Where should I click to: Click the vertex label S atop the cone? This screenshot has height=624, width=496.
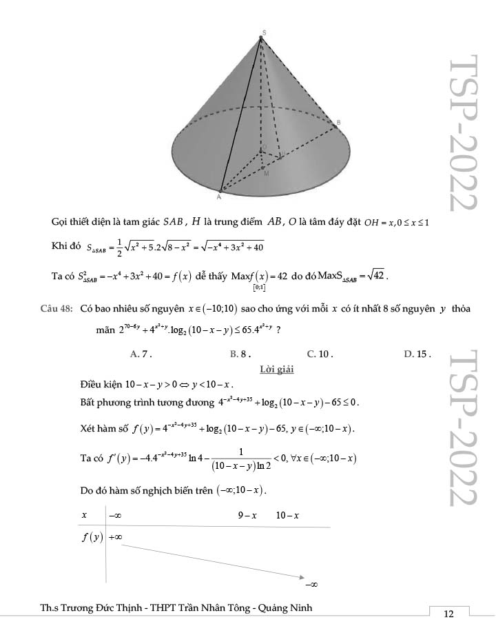pyautogui.click(x=263, y=32)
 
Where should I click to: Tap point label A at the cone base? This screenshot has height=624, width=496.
pyautogui.click(x=219, y=197)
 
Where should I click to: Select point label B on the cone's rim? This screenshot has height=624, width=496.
pyautogui.click(x=338, y=123)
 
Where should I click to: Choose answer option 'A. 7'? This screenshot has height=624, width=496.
pyautogui.click(x=141, y=354)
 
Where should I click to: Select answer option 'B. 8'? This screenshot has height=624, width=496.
pyautogui.click(x=240, y=354)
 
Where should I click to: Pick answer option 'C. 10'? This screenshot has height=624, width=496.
pyautogui.click(x=320, y=354)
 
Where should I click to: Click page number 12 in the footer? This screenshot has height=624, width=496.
pyautogui.click(x=448, y=614)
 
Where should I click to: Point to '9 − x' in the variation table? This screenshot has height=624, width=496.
pyautogui.click(x=247, y=515)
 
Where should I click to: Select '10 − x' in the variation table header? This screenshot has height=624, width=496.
pyautogui.click(x=287, y=515)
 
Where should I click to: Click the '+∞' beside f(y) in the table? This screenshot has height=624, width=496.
pyautogui.click(x=115, y=538)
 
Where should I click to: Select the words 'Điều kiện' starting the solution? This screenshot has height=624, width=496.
pyautogui.click(x=101, y=384)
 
